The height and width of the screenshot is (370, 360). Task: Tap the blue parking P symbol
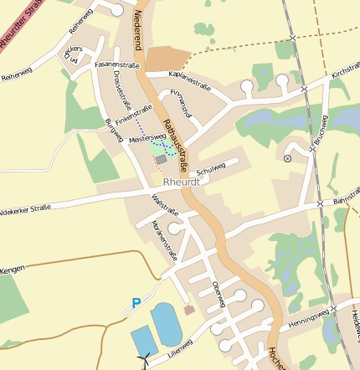(x=136, y=303)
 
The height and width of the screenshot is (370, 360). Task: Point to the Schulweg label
(x=211, y=167)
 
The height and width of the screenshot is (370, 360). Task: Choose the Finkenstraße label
(x=134, y=115)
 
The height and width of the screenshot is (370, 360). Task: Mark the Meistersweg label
(x=148, y=138)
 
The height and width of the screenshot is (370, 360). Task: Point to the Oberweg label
(x=219, y=294)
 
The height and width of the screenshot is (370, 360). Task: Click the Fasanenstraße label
(x=116, y=64)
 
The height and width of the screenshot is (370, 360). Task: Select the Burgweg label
(x=113, y=130)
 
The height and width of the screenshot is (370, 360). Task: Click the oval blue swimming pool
(x=166, y=323)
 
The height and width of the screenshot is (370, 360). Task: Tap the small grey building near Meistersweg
(x=161, y=159)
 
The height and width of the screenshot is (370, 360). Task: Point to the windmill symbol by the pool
(x=143, y=361)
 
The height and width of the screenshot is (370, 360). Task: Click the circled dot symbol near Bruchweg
(x=288, y=157)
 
